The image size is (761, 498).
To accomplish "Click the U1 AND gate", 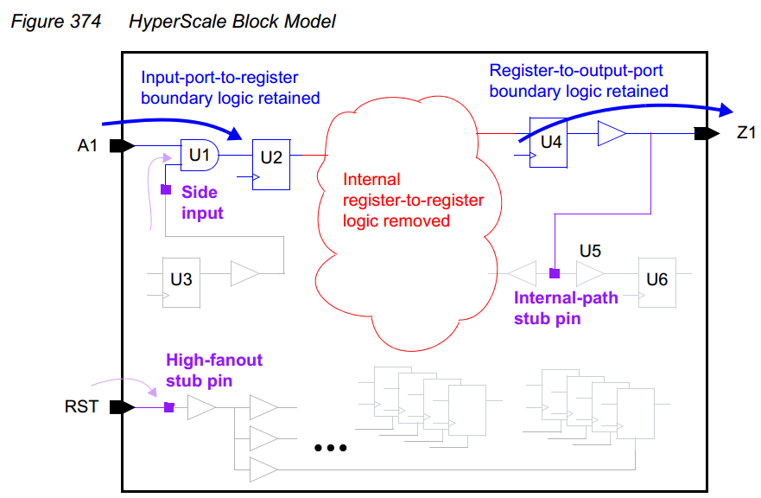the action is coord(200,155).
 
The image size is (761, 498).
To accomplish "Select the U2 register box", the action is coord(271,165).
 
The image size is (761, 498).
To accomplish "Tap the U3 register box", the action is coord(181,283).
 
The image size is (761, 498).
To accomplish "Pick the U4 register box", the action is coord(549,143).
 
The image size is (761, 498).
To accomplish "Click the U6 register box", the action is coord(657,283).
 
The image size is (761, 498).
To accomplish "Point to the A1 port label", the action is coord(87,145).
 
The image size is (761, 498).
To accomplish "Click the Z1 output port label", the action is coord(746,132).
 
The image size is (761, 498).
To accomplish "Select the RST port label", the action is coord(81,406).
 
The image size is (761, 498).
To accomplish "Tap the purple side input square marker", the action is coord(166,189).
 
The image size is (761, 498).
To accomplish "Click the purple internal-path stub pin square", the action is coord(555,273).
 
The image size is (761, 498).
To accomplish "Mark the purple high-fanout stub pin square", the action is coord(169,407).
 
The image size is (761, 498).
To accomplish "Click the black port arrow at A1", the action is coord(122,146).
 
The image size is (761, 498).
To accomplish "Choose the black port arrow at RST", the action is coord(122,407).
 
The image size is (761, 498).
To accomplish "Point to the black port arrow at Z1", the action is coord(707,133).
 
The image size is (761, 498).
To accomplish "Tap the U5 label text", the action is coord(590,251).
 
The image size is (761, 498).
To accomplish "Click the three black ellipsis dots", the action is coord(331,448).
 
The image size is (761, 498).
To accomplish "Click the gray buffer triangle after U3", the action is coord(245,273).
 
